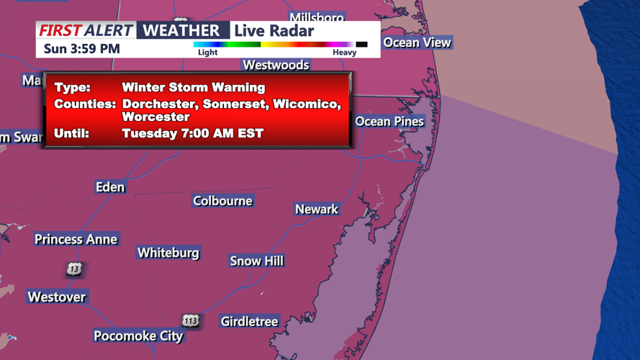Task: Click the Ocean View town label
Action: click(417, 42)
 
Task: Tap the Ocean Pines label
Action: click(389, 121)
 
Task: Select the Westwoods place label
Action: click(276, 65)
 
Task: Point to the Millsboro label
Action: click(317, 17)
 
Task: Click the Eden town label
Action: click(110, 187)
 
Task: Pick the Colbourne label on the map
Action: click(222, 201)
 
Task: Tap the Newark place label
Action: click(316, 209)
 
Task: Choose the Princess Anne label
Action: click(76, 239)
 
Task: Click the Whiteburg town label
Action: click(168, 253)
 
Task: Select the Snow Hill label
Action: click(256, 261)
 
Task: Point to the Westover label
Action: click(56, 297)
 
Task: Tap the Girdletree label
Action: click(249, 321)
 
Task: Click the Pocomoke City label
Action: click(138, 336)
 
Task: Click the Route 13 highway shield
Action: click(74, 269)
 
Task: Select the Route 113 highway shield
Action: click(190, 320)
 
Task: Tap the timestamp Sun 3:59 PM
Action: click(81, 49)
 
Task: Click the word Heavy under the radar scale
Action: click(344, 53)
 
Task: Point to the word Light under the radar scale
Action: click(207, 53)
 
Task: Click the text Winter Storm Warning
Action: click(193, 87)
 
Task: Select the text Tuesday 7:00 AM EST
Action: click(192, 133)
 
